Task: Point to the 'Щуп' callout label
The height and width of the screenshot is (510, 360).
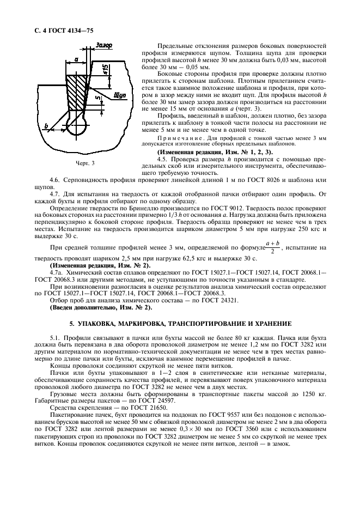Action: pyautogui.click(x=120, y=95)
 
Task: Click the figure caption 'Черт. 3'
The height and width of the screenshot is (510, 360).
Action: pyautogui.click(x=84, y=163)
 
